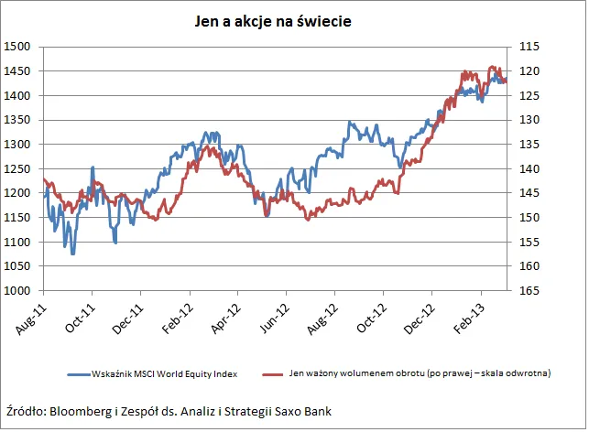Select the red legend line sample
pyautogui.click(x=275, y=373)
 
